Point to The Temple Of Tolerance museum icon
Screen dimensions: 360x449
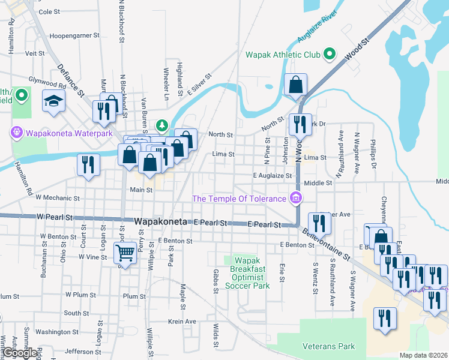pos(295,197)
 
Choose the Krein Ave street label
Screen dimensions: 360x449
pos(182,322)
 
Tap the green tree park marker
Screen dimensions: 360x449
pos(161,125)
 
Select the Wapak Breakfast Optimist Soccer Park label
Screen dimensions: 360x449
pos(247,273)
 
